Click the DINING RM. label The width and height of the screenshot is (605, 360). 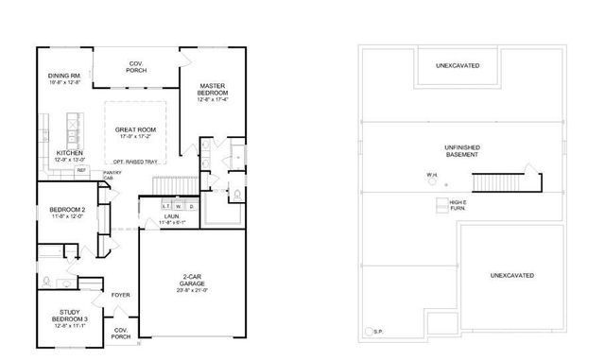64,75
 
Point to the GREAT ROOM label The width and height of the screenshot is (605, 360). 136,131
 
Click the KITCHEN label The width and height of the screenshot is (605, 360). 69,153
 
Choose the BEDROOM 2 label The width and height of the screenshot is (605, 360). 67,210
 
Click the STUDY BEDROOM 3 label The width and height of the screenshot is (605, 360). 68,316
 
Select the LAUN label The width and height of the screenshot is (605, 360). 171,217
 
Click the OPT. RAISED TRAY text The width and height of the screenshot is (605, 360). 135,162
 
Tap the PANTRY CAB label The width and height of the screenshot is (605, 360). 110,175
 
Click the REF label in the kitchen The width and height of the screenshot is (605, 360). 95,170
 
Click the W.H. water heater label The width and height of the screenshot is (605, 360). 431,174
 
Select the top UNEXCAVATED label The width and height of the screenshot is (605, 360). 457,66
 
